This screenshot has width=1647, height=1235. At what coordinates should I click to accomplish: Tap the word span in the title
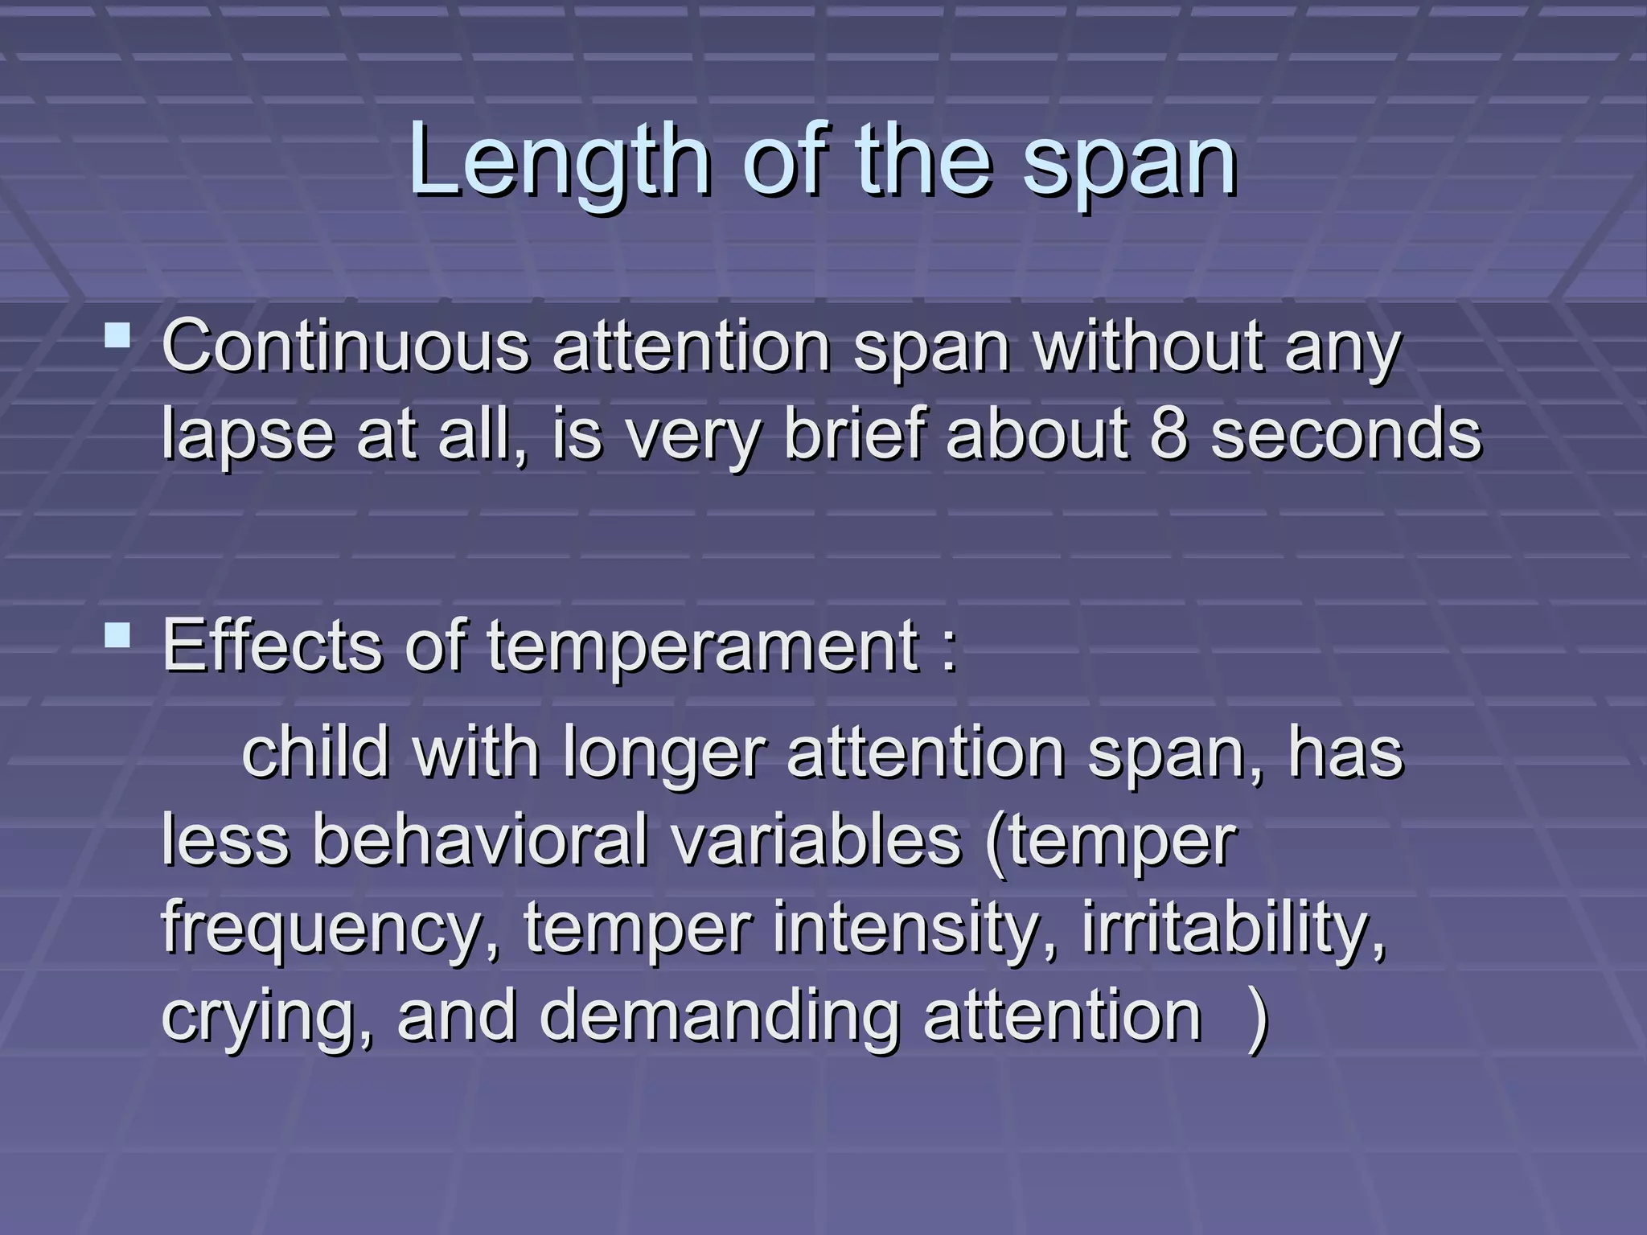click(x=1129, y=165)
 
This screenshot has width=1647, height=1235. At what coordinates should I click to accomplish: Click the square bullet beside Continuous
click(x=117, y=334)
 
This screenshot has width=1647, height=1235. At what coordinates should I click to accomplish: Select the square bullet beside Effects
click(x=117, y=635)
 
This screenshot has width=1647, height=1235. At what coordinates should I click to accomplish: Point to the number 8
click(x=1169, y=434)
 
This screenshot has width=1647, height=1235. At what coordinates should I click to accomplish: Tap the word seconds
click(x=1345, y=434)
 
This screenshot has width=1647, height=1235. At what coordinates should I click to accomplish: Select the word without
click(x=1148, y=347)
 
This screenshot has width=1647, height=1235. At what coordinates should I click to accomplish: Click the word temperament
click(x=704, y=647)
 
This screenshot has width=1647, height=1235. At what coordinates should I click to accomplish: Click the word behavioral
click(x=479, y=841)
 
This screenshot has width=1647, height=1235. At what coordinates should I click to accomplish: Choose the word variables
click(x=816, y=841)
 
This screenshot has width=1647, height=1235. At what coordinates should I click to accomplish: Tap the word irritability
click(x=1234, y=929)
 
